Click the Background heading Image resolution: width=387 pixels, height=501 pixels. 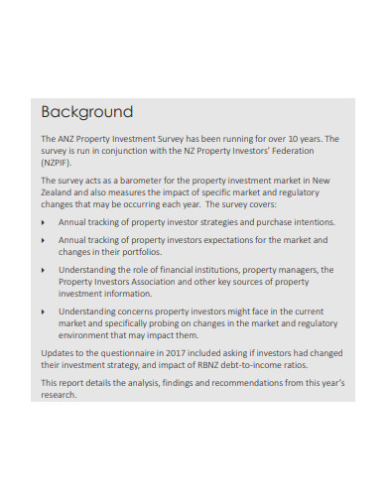click(x=86, y=111)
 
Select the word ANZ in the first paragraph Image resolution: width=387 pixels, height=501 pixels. click(x=68, y=139)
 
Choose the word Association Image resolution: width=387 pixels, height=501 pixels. click(x=167, y=281)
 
